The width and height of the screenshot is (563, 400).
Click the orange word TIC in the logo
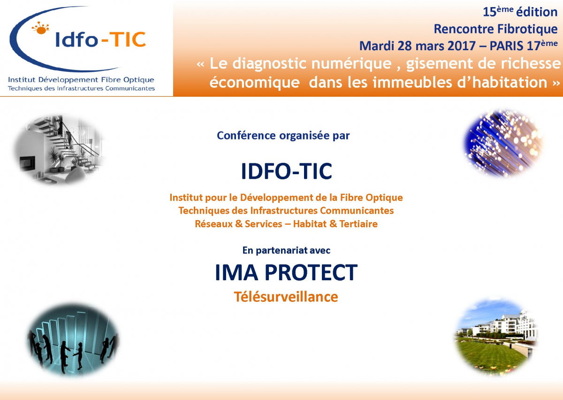(x=128, y=39)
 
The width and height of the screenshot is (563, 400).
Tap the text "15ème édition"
(x=520, y=12)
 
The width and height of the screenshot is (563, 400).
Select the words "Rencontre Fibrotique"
(x=495, y=29)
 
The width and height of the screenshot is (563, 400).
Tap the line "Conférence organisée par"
(x=283, y=136)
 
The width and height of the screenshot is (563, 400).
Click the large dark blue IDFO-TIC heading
(x=287, y=171)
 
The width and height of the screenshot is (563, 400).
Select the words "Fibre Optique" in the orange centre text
(x=371, y=198)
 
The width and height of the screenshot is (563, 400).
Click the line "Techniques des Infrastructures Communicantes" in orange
(x=286, y=211)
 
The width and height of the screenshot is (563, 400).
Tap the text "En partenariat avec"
(x=286, y=250)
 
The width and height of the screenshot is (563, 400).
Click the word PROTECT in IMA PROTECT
(x=311, y=272)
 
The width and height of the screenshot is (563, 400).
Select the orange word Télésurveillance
(x=286, y=297)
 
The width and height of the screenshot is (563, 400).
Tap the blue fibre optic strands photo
(x=503, y=143)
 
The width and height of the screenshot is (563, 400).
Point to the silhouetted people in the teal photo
(x=73, y=350)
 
